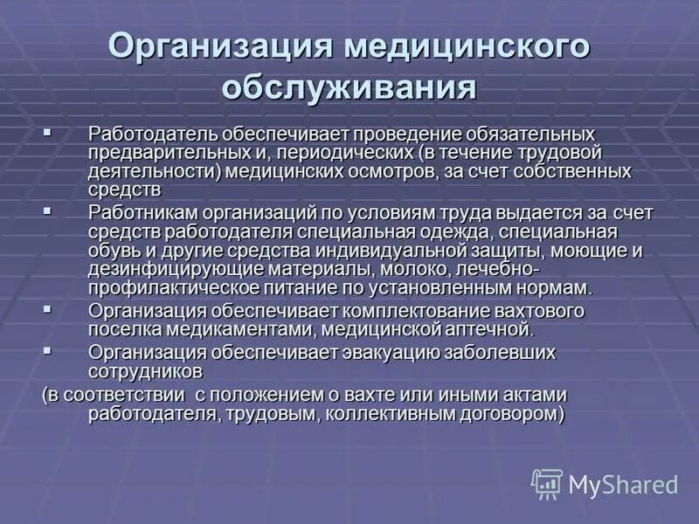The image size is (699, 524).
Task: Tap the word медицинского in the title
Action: tap(467, 47)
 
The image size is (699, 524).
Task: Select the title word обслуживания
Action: tap(349, 88)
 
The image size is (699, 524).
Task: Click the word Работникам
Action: tap(142, 213)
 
